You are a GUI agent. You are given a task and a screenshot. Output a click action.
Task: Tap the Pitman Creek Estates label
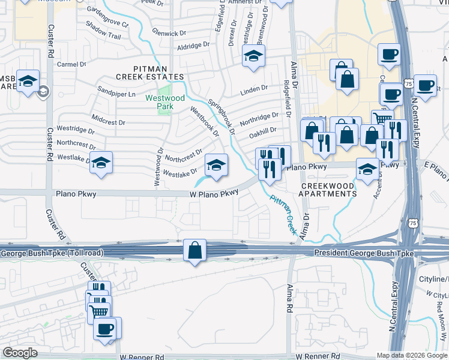coord(150,72)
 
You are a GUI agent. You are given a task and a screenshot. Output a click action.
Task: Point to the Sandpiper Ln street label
coord(117,94)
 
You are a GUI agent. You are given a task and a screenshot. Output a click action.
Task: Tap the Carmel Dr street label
coord(72,64)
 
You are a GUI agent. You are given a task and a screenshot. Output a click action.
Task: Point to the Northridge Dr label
coord(259,117)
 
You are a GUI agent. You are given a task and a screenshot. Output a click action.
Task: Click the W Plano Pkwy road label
coord(214,193)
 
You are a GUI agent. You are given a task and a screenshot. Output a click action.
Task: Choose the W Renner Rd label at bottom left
coord(142,356)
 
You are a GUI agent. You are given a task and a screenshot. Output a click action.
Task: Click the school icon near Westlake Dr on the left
coord(101,163)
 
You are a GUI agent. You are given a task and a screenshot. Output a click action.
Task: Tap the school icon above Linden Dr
coord(253,57)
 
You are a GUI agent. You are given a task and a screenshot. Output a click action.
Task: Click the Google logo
coord(20,352)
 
